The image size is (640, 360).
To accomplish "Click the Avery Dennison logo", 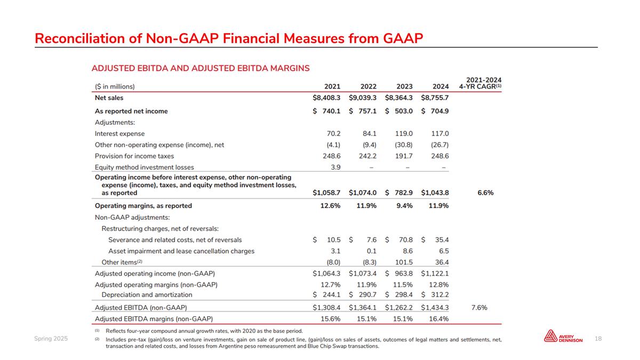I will [563, 337].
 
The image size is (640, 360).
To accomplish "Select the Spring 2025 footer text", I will [51, 338].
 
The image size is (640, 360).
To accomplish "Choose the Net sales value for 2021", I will [326, 98].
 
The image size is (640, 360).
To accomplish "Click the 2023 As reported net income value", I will [399, 111].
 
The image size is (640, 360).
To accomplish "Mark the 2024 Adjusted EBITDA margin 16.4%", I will [437, 319].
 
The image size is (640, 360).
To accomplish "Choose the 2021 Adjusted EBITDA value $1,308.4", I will [326, 308].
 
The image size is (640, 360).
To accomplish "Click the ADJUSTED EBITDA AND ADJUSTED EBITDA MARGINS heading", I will [201, 68].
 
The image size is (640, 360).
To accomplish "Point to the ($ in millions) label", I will [115, 86].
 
